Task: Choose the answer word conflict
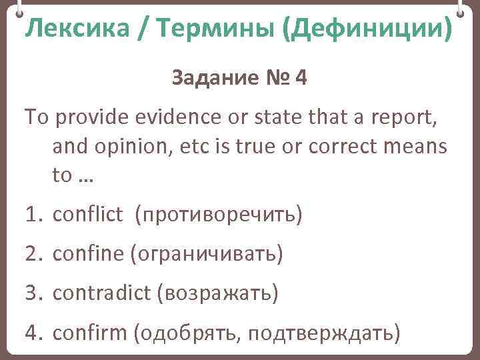tap(87, 215)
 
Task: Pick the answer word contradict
tap(101, 293)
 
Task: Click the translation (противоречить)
tap(218, 215)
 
